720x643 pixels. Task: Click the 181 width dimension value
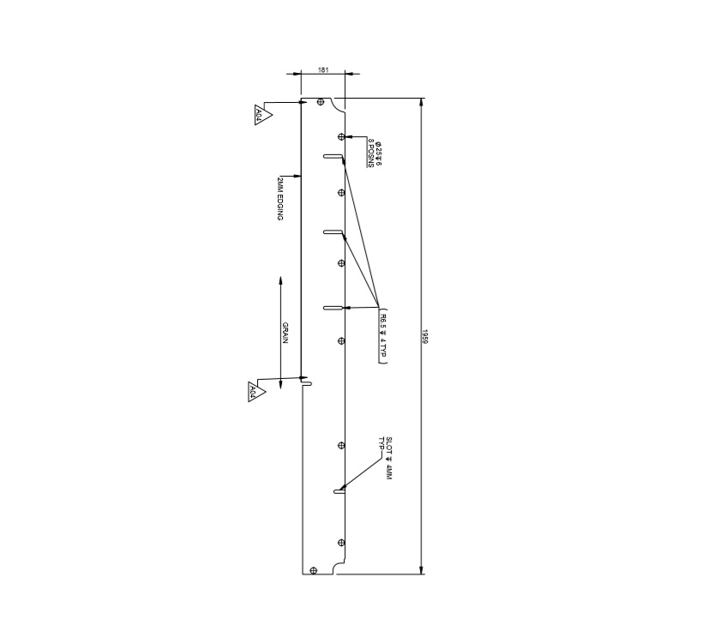coord(322,69)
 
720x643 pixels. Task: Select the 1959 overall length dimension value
coord(425,335)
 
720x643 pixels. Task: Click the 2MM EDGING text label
coord(280,199)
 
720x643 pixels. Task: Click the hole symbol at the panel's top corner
coord(321,102)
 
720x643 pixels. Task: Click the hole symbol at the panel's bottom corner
coord(315,570)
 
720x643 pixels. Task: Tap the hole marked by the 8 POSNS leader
coord(341,136)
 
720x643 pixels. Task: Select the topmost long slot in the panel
coord(333,156)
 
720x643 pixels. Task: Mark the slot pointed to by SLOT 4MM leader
coord(339,492)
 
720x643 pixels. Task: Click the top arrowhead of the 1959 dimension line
coord(420,102)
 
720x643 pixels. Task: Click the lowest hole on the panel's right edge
coord(341,543)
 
